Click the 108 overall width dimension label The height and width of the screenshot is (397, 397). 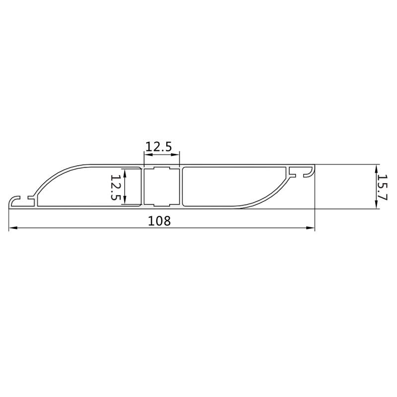click(159, 221)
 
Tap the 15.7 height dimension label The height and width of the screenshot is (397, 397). click(382, 187)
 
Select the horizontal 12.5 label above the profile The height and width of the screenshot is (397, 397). click(158, 146)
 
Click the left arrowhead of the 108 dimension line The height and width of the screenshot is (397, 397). click(13, 228)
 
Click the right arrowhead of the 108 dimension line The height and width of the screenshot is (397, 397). click(311, 228)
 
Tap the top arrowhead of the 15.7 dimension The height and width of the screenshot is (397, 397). click(377, 168)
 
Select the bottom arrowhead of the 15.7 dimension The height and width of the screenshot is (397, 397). click(377, 204)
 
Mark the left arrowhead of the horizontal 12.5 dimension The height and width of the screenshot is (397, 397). click(148, 154)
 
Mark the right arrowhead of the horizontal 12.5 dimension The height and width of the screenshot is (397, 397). click(175, 154)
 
